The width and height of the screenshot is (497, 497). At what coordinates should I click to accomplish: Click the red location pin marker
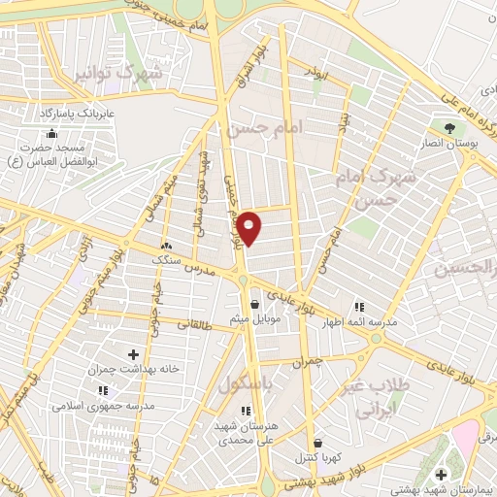250,228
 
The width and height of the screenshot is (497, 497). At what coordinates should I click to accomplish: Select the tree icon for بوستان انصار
448,128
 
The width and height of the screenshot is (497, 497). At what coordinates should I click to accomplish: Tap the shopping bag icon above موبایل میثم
254,304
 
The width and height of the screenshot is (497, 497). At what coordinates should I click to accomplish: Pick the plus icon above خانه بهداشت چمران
133,355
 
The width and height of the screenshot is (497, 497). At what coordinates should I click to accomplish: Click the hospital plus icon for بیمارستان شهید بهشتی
442,474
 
